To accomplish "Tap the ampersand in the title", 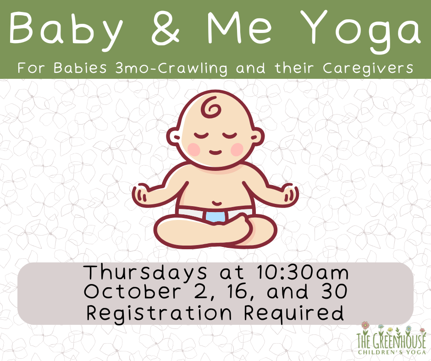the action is point(166,28).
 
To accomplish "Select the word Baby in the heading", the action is point(66,31).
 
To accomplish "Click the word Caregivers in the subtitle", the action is point(368,68).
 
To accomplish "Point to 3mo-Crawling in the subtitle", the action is point(171,68).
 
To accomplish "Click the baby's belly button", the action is point(217,203).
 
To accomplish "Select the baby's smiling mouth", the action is point(215,152).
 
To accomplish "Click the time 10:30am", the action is point(303,273).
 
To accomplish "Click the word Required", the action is point(294,312).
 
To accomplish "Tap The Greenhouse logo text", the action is point(391,341).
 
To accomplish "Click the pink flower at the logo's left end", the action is point(365,325).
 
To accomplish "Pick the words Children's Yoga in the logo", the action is point(392,352).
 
